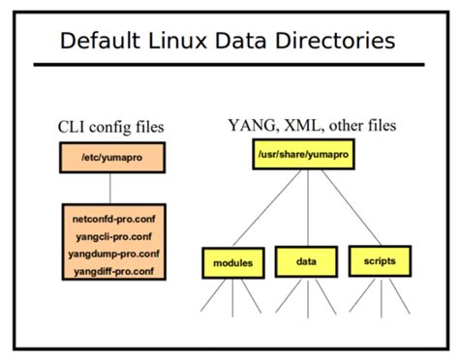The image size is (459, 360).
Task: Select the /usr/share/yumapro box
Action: tap(304, 155)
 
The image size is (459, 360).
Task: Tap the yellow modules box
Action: tap(232, 260)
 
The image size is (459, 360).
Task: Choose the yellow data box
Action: tap(305, 260)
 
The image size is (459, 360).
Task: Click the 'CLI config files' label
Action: tap(109, 126)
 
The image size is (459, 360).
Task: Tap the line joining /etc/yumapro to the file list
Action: tap(110, 186)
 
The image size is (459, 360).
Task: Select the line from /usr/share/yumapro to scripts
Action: tap(344, 209)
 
